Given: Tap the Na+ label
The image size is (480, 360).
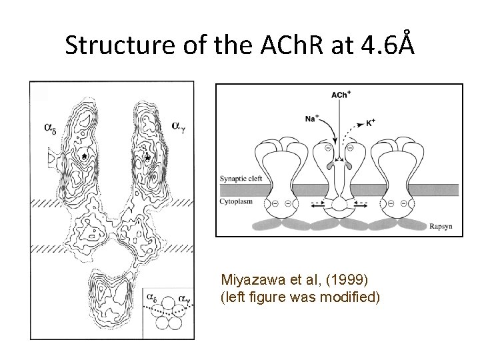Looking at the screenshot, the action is tap(311, 119).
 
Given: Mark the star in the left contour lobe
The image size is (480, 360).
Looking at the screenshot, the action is tap(83, 155).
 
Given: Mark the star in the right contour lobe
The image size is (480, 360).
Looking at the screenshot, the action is tap(147, 157).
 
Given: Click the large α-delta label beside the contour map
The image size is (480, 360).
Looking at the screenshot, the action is tap(50, 126).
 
